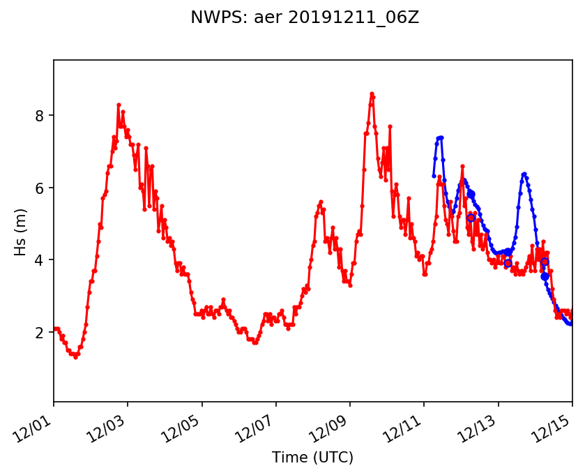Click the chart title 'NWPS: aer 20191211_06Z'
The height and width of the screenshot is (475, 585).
point(305,18)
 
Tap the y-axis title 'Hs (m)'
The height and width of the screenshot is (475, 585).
point(20,231)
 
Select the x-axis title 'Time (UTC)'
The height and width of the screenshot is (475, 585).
point(312,458)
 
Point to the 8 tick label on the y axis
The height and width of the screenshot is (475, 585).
point(40,115)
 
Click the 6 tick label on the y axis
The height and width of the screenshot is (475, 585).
point(40,188)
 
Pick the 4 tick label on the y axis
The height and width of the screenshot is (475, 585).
point(40,260)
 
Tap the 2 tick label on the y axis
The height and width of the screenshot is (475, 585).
point(40,333)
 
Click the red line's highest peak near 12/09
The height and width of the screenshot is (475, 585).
point(372,93)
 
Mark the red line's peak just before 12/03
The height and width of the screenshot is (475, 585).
point(119,105)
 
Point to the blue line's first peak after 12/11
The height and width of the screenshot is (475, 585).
point(441,137)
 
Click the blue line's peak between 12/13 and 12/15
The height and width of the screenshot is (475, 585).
point(524,173)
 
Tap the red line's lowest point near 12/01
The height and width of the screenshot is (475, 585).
point(75,357)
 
